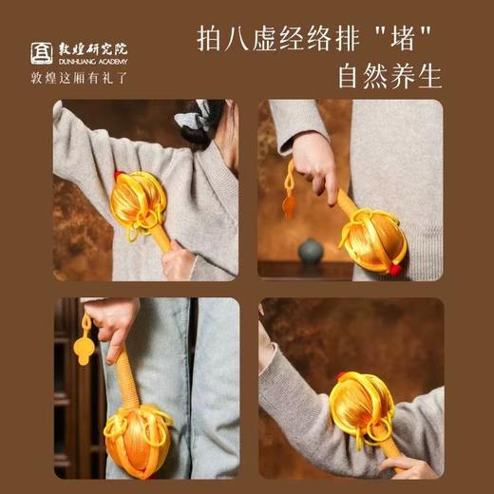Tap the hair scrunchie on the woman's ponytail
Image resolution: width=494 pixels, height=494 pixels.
coord(196,120)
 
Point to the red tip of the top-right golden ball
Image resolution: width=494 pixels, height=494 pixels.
coord(394,269)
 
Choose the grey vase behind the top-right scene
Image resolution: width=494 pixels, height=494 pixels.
coord(311,250)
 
